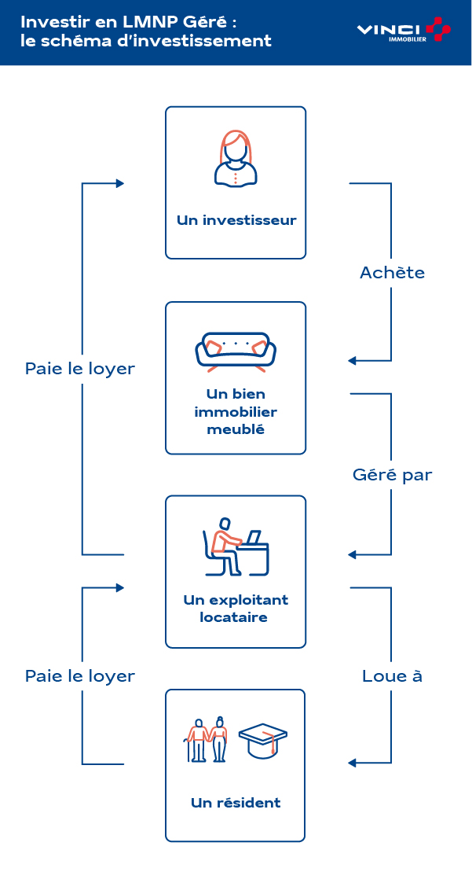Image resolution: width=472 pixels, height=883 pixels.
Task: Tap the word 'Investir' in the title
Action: (x=46, y=21)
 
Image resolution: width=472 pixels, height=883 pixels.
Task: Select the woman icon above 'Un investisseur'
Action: (x=235, y=158)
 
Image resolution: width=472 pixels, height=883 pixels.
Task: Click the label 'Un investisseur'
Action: (x=236, y=220)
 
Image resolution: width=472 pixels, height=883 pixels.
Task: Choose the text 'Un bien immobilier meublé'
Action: (x=236, y=411)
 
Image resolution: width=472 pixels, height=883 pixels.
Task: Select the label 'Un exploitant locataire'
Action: (x=236, y=608)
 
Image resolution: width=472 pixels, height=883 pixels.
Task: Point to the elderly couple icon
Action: (x=207, y=739)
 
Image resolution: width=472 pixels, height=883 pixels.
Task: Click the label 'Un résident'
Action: (x=236, y=803)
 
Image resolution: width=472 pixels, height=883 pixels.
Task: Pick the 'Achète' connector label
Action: (x=392, y=273)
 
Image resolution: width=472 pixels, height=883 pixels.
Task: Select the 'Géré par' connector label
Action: (x=392, y=475)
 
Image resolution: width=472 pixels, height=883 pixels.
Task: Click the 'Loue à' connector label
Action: (x=392, y=676)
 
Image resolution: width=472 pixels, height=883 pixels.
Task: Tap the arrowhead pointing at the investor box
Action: (x=120, y=183)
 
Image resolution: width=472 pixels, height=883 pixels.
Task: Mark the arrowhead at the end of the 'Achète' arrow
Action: (x=353, y=361)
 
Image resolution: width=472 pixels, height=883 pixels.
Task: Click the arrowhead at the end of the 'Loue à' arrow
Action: (x=353, y=763)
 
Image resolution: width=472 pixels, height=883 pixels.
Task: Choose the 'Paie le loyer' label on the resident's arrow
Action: (x=80, y=676)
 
